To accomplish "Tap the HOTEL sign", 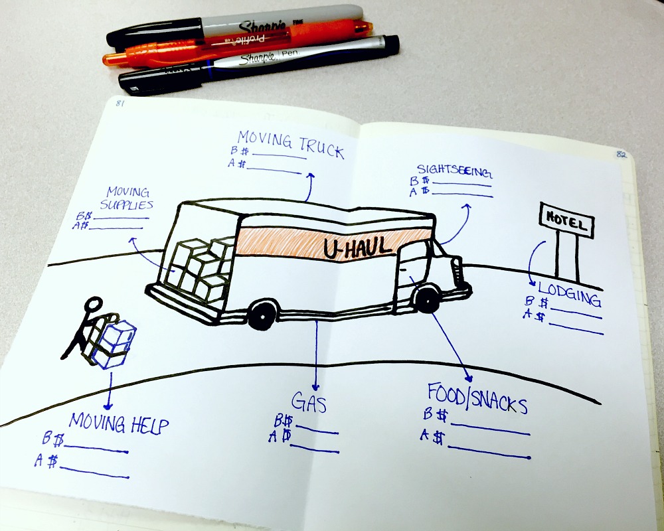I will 566,219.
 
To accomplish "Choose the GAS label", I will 309,402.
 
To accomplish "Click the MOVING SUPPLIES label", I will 127,198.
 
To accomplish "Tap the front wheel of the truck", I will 426,299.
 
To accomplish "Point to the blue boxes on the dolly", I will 113,342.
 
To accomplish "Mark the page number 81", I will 120,103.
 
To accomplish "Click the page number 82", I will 622,154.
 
